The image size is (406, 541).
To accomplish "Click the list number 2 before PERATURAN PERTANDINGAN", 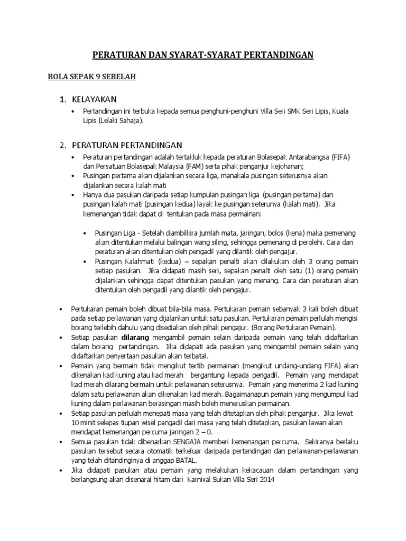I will [62, 145].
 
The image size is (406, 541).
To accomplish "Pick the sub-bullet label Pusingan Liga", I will [114, 233].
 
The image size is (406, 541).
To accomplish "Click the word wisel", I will [136, 422].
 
